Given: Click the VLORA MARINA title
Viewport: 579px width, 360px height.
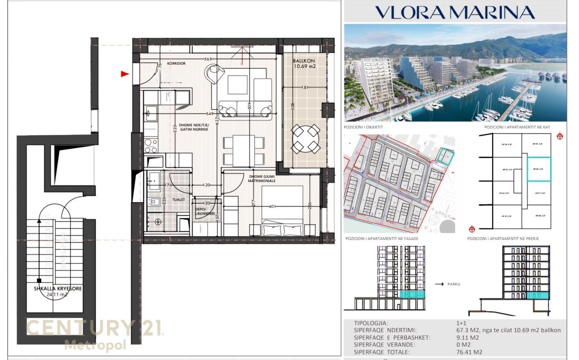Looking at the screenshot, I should [455, 12].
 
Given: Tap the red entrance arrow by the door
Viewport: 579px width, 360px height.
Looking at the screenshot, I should [125, 74].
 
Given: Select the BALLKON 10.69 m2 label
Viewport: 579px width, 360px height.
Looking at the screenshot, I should [304, 63].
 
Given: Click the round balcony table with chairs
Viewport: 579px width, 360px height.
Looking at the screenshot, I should [305, 139].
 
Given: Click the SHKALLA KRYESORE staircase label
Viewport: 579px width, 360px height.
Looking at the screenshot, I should [57, 288].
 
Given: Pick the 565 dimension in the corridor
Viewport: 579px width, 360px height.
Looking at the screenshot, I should [208, 59].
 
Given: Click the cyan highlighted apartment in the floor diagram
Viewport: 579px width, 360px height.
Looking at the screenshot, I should [539, 169].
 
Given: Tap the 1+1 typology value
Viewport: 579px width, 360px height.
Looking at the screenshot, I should [461, 323].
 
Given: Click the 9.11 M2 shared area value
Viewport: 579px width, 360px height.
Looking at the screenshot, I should [467, 337].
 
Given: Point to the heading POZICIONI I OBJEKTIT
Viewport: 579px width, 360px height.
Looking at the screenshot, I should [363, 127].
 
